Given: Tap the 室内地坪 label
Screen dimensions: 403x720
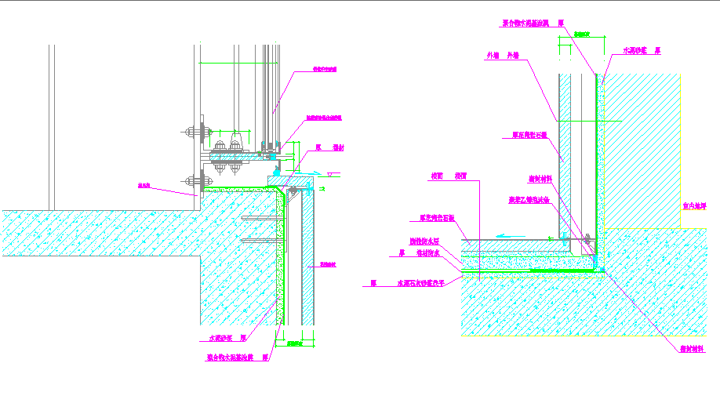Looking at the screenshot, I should click(x=694, y=206).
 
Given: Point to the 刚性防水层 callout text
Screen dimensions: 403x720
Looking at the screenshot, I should click(x=424, y=241).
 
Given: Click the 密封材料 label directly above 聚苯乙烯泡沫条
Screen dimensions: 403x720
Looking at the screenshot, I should click(x=540, y=179).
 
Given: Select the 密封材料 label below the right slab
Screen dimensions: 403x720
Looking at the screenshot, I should click(x=692, y=350).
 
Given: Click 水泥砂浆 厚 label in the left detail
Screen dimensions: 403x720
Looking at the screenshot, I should click(x=228, y=339).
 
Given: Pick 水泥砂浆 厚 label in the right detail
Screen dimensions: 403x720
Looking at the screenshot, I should click(x=641, y=49).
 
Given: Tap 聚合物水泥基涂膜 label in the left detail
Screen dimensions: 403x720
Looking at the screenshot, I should click(x=233, y=357).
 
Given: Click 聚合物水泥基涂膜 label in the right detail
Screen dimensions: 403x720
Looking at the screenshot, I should click(x=533, y=24).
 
